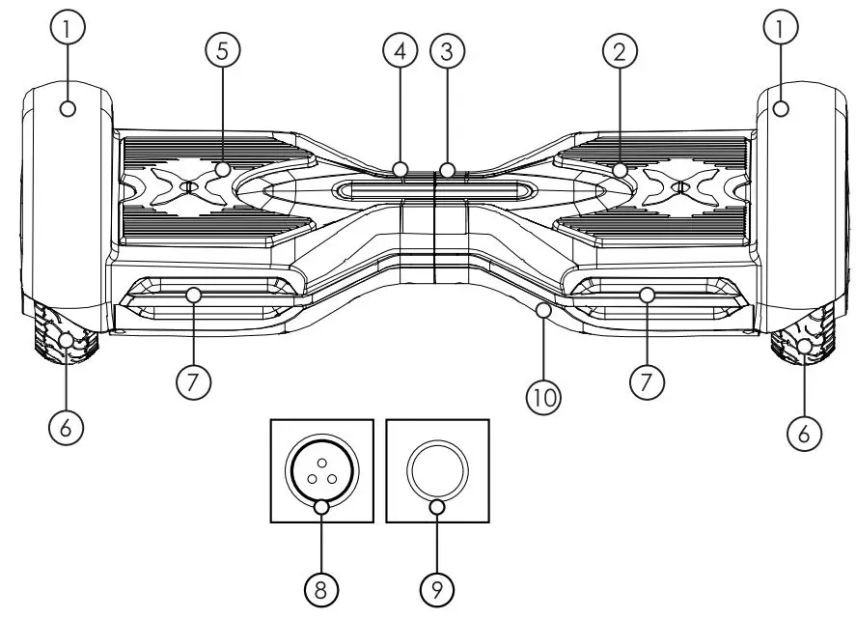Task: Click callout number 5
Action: pyautogui.click(x=222, y=52)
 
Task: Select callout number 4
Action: pyautogui.click(x=400, y=52)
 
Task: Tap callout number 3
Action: pyautogui.click(x=446, y=52)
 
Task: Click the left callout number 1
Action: pyautogui.click(x=67, y=29)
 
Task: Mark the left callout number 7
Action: pyautogui.click(x=193, y=381)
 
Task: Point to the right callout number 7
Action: pyautogui.click(x=646, y=381)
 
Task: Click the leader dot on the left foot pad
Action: pyautogui.click(x=222, y=170)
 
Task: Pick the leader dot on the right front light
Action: pyautogui.click(x=647, y=294)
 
